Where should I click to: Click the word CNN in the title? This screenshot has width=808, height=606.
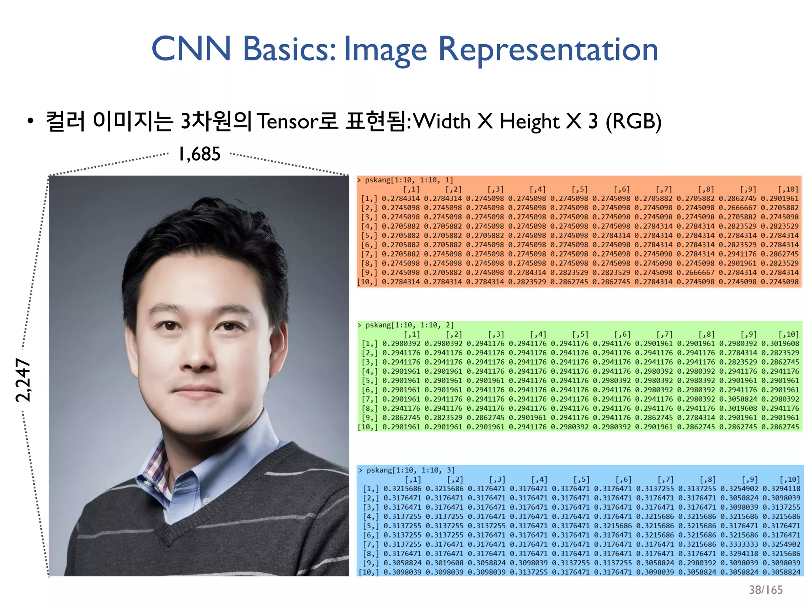191,49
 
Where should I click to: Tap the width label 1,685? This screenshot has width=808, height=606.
199,154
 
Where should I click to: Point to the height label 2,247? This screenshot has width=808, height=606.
23,380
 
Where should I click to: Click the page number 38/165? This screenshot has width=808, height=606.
765,589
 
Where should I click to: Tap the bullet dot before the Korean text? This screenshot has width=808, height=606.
30,122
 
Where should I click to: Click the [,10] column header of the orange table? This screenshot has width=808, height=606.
787,189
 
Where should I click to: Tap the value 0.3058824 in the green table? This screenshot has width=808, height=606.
738,399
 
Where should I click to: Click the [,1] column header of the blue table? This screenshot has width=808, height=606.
413,479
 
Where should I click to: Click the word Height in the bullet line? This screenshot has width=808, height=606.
529,121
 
